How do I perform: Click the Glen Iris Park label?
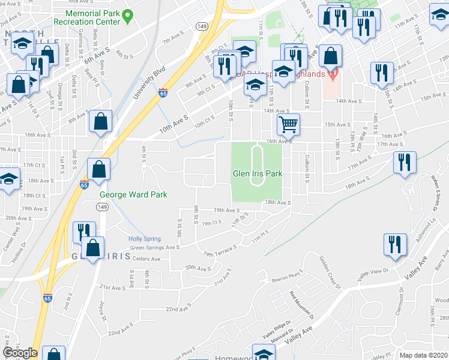(x=257, y=174)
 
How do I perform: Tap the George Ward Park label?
(x=133, y=194)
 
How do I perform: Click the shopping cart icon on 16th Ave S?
(x=288, y=125)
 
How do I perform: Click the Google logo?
(x=20, y=353)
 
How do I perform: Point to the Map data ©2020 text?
(x=424, y=355)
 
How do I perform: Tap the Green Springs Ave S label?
(x=155, y=247)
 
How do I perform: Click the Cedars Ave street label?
(x=146, y=259)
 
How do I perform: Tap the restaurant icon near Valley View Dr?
(x=396, y=245)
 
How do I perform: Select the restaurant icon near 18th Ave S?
(x=405, y=163)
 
